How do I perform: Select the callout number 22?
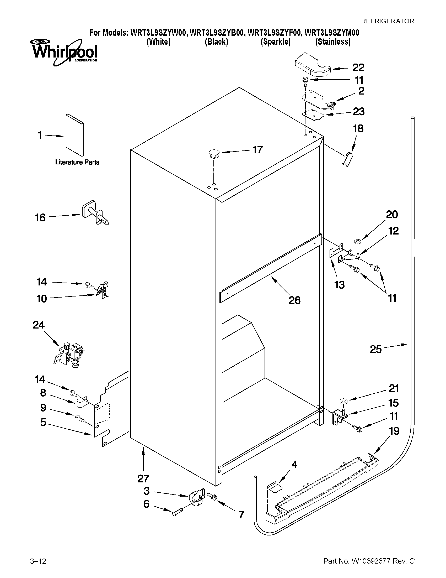tap(358, 68)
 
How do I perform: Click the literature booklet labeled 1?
tap(75, 135)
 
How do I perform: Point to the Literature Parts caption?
tap(77, 162)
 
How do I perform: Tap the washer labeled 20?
tap(358, 241)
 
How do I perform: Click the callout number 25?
tap(376, 349)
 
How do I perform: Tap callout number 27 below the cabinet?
tap(143, 478)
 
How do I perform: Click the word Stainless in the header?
tap(333, 42)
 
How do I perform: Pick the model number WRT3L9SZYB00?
tap(216, 33)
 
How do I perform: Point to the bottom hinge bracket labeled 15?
tap(339, 418)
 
